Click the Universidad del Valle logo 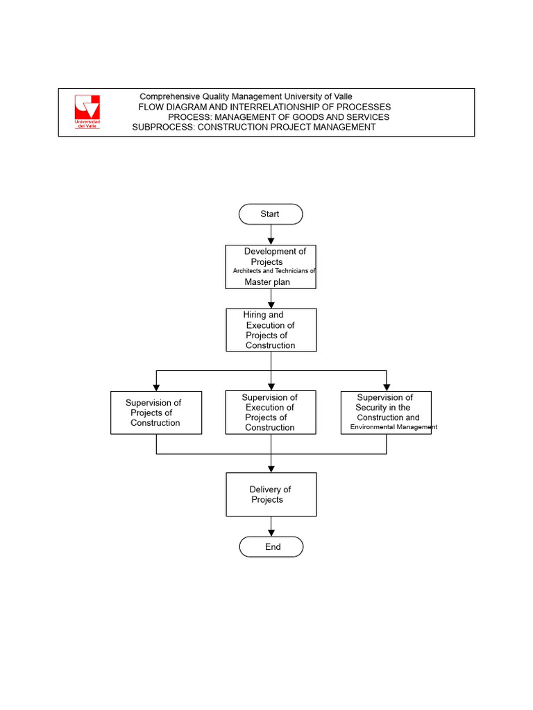pos(87,112)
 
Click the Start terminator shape pos(271,214)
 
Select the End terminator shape pos(271,547)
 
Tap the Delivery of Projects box pos(271,494)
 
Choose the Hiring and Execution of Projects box pos(271,330)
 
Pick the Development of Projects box pos(271,267)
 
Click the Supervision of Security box pos(387,413)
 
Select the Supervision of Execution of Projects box pos(271,413)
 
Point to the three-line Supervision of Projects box pos(156,413)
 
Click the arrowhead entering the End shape pos(271,532)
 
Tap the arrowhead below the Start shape pos(271,240)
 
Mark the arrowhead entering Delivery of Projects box pos(271,468)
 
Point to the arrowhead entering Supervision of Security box pos(387,386)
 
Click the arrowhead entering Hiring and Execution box pos(271,304)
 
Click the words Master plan pos(267,282)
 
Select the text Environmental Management pos(394,428)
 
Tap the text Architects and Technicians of pos(274,271)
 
